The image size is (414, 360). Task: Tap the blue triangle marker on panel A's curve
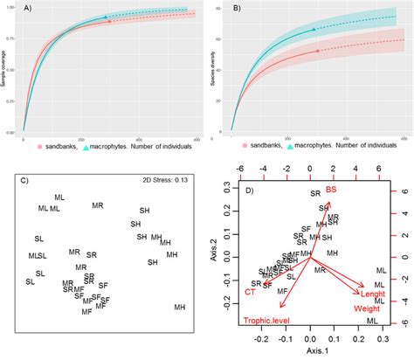[x=107, y=17]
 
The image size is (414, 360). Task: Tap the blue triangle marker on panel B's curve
[x=315, y=31]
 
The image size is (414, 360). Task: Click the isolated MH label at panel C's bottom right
[x=179, y=307]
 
